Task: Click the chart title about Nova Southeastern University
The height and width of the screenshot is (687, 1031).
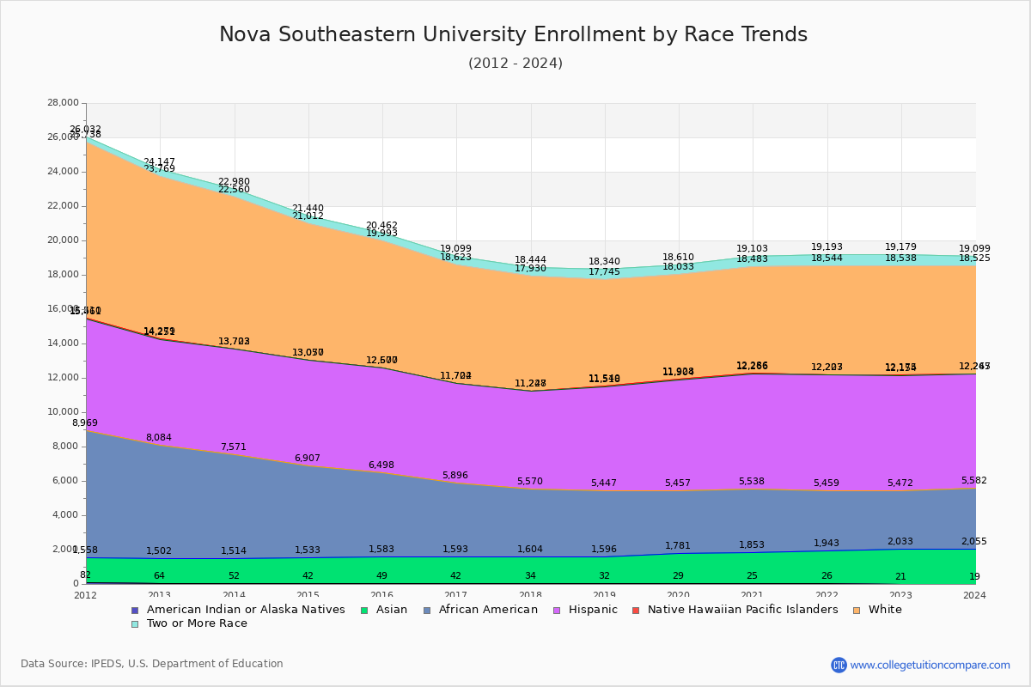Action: click(x=513, y=35)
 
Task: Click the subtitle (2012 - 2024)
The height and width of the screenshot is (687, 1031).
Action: click(x=515, y=64)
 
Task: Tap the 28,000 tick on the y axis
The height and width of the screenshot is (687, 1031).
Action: click(x=63, y=103)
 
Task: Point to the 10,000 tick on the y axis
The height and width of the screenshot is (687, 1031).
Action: click(x=63, y=412)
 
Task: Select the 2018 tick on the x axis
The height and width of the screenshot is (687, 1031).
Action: click(x=530, y=595)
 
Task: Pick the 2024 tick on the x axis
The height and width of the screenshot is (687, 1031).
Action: click(x=975, y=595)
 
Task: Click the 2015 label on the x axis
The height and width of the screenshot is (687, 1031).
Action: click(x=308, y=595)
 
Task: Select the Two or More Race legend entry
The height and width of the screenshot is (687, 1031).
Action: click(x=197, y=623)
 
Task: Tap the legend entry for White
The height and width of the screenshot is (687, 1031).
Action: click(x=884, y=610)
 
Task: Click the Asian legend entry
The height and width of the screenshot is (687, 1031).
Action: click(x=390, y=610)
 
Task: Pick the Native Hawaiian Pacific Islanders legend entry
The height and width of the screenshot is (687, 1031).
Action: click(x=742, y=610)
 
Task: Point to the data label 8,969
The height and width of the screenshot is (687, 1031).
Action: click(x=85, y=423)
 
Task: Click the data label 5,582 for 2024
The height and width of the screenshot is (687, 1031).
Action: click(x=974, y=481)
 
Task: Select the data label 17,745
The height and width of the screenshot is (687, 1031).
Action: click(x=604, y=272)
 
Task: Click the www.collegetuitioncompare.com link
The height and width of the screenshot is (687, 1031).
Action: click(x=930, y=665)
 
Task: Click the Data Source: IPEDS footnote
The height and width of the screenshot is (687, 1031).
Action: click(x=152, y=664)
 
